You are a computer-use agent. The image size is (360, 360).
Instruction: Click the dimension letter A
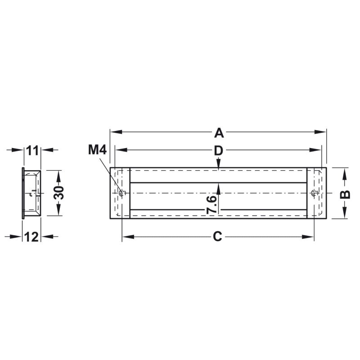point(219,133)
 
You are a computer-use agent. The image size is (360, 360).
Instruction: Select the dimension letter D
point(219,151)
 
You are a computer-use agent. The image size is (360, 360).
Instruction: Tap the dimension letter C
point(217,237)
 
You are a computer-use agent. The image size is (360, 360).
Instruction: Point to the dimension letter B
point(345,194)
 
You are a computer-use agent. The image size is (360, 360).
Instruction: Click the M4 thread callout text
point(97,150)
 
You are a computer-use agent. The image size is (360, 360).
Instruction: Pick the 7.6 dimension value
point(211,205)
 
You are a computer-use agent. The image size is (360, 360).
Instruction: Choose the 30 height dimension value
point(59,193)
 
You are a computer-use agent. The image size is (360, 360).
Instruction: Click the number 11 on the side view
point(32,151)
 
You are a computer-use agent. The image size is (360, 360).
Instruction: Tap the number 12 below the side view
point(31,237)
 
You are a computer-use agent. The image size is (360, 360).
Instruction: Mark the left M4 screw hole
point(122,193)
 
